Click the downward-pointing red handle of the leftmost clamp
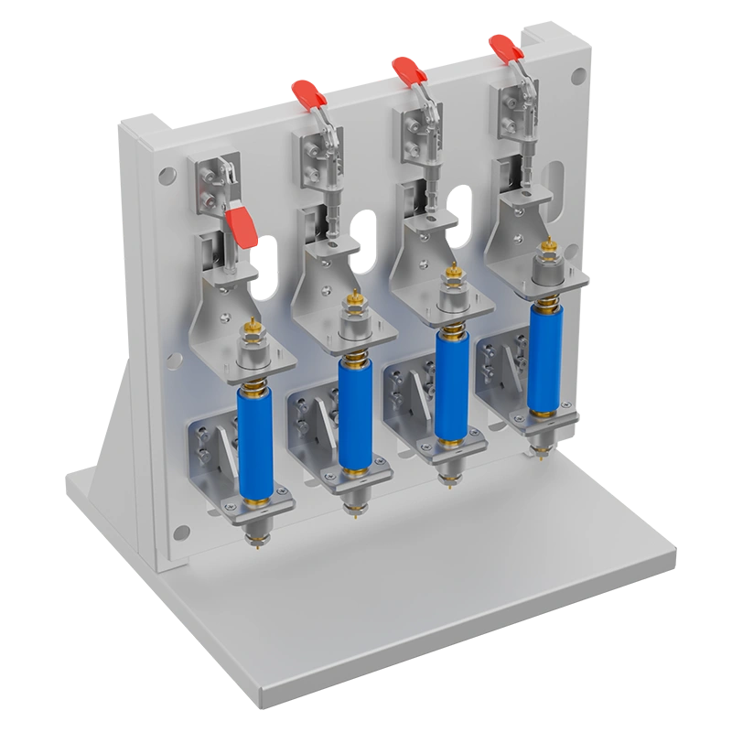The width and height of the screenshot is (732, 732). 245,227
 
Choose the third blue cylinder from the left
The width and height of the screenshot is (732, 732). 448,383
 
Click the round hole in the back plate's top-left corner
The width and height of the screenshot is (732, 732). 165,174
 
